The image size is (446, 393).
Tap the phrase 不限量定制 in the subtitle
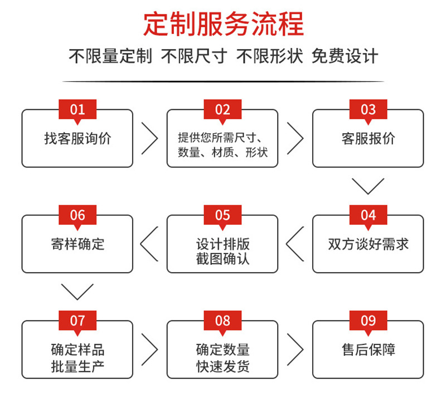(110, 56)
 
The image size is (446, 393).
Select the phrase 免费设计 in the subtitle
(345, 56)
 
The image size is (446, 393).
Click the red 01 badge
(77, 109)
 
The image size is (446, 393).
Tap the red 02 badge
(222, 109)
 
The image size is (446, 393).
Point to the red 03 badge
(368, 109)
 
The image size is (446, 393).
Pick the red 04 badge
(368, 215)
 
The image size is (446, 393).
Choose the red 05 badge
(222, 215)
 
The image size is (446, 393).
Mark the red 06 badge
(77, 215)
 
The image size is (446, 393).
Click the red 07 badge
(77, 321)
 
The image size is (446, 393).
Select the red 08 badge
(222, 321)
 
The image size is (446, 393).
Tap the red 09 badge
(368, 321)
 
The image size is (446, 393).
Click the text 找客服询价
(77, 138)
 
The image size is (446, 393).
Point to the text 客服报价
(368, 138)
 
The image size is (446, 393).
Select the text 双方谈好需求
(368, 244)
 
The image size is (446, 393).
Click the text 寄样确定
(77, 244)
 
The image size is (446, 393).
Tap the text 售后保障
(368, 350)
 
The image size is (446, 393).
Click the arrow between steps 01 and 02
(149, 138)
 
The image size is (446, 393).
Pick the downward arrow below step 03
(368, 186)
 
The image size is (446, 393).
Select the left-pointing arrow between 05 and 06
(149, 244)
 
